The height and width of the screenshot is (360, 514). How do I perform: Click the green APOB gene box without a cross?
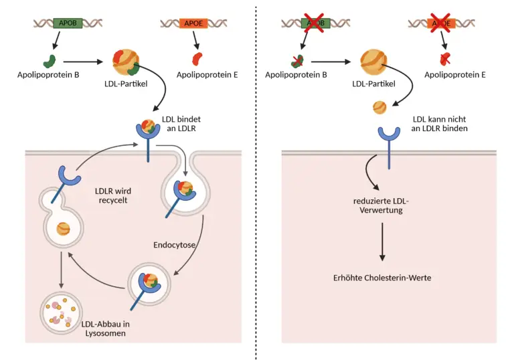coord(68,22)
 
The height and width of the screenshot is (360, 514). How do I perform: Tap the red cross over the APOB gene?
coord(316,22)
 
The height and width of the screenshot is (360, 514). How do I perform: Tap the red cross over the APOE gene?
coord(442,22)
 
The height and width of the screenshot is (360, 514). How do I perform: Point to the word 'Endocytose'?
coord(173,245)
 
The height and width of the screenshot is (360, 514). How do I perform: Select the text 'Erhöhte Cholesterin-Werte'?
coord(382,277)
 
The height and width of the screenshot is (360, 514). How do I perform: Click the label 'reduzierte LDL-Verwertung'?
coord(382,207)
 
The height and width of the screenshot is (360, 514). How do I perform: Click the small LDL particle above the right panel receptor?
coord(379,107)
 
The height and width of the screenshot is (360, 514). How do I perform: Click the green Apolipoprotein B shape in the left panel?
coord(49,62)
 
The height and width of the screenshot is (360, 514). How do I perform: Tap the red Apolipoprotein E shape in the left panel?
coord(201,59)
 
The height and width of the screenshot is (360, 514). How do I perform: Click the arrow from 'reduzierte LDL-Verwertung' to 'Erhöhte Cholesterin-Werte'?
coord(382,241)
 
